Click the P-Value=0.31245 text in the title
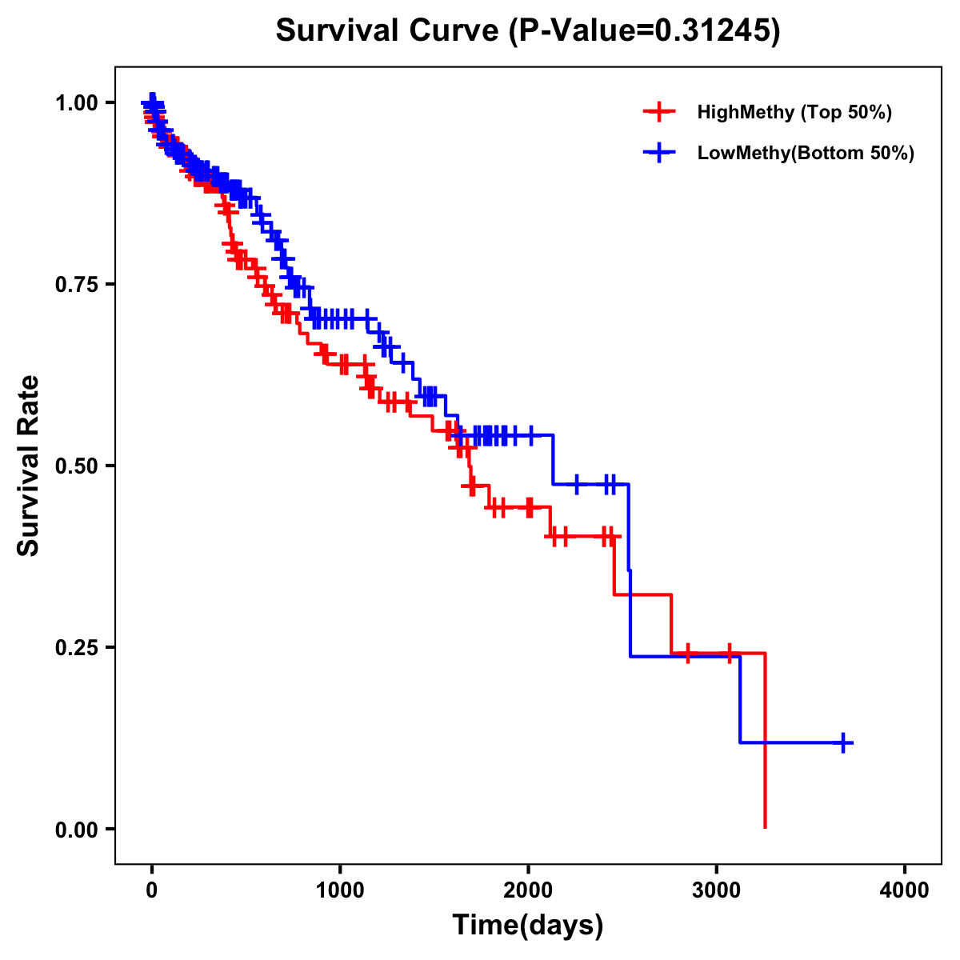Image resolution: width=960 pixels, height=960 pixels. (646, 30)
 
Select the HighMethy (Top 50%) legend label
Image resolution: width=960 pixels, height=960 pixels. (794, 112)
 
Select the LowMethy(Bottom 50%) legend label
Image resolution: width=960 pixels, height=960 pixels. (806, 153)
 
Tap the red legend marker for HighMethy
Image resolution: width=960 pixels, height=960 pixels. (659, 112)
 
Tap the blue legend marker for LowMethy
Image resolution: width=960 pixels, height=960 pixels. (659, 153)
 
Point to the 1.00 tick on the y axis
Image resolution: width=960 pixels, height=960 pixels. (78, 102)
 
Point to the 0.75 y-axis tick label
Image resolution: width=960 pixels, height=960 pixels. (78, 284)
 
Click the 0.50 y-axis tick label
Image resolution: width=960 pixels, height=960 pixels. (78, 466)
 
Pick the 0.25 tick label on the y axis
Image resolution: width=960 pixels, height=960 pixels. (78, 647)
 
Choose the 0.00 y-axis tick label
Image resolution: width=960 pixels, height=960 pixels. (78, 829)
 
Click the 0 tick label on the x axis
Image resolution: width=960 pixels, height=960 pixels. (151, 890)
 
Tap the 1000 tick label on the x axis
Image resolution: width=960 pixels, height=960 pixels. (340, 890)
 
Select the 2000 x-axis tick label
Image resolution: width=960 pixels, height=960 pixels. (528, 890)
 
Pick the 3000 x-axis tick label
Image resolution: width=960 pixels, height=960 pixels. (717, 890)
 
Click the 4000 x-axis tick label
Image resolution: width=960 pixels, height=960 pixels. (905, 890)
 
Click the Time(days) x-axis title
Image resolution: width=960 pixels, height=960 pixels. (528, 926)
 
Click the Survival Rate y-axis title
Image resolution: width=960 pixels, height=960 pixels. (29, 466)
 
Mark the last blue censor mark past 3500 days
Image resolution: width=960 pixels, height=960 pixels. (843, 742)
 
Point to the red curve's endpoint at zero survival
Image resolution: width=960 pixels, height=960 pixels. (766, 827)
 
